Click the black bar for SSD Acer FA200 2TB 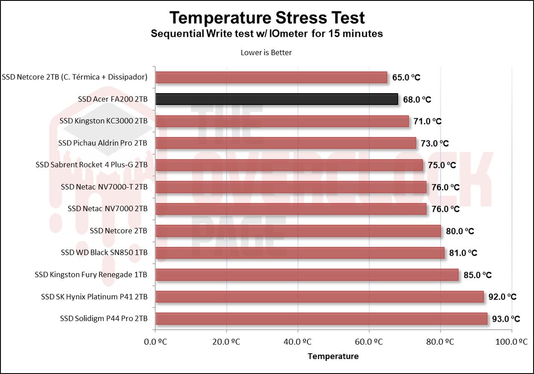click(276, 99)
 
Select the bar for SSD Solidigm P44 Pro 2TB click(321, 319)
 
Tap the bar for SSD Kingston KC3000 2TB click(282, 121)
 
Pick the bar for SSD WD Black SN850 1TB click(300, 253)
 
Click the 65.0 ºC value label click(406, 77)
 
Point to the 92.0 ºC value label click(502, 297)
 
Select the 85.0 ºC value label click(477, 275)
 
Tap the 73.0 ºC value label click(435, 143)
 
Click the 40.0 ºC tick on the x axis click(298, 342)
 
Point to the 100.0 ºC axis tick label click(511, 342)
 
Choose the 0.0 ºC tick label click(155, 342)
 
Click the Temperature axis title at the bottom click(333, 356)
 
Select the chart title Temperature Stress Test click(267, 18)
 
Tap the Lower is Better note click(266, 53)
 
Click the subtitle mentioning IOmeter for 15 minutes click(267, 34)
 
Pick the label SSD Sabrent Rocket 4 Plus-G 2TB click(92, 165)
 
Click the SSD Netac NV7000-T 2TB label click(104, 187)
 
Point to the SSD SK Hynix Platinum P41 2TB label click(94, 297)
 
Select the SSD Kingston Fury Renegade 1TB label click(91, 275)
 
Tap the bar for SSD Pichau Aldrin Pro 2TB click(286, 143)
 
